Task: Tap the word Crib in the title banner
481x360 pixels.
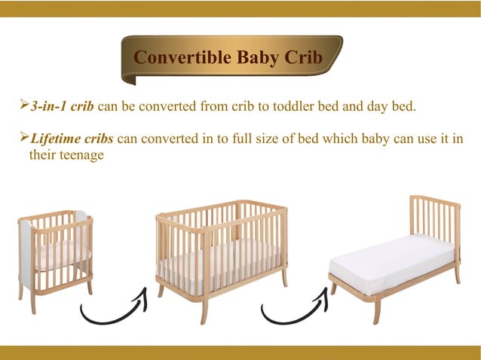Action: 306,58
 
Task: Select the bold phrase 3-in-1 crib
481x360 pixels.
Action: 63,106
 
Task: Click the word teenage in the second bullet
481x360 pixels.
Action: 78,156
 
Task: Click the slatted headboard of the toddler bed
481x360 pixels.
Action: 434,218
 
